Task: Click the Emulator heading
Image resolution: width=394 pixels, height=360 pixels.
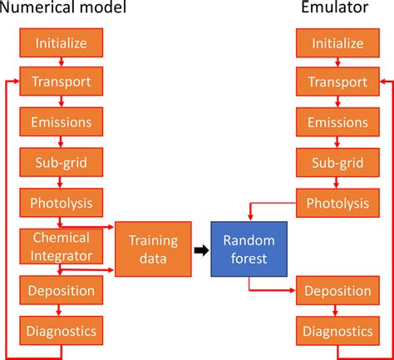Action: (337, 11)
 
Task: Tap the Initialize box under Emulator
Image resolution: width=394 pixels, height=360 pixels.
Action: (337, 42)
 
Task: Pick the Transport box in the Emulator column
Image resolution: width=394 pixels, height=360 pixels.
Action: (337, 81)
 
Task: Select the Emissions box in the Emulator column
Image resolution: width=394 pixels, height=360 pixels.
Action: (337, 122)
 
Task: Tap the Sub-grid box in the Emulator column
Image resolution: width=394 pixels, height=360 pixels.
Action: (337, 162)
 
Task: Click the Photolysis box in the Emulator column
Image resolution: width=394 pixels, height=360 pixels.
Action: (337, 202)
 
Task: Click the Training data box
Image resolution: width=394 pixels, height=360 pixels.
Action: (153, 249)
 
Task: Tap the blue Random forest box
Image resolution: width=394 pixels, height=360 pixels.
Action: (249, 249)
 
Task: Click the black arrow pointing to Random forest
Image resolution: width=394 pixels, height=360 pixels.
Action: (201, 249)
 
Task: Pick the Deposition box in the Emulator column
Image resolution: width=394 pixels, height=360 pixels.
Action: (337, 291)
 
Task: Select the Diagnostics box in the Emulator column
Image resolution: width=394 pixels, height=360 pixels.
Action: (337, 331)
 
